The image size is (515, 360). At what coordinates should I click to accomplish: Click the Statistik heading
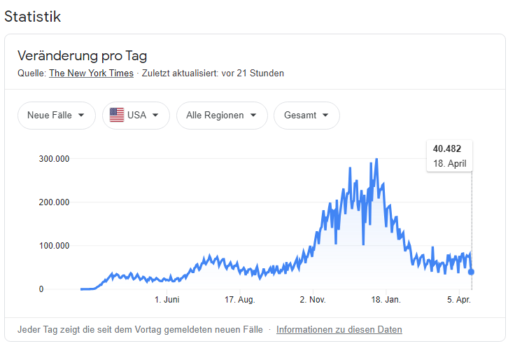coord(32,16)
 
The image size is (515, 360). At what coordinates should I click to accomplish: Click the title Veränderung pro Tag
coord(82,56)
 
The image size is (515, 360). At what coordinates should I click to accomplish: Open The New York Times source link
coord(92,73)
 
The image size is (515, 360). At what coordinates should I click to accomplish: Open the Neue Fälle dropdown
coord(56,116)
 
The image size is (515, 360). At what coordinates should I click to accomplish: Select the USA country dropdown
coord(136,116)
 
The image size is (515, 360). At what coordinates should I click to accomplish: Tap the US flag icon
coord(117,116)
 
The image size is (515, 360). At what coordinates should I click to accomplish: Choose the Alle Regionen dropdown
coord(222,116)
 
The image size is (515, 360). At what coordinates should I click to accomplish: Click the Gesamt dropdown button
coord(306,116)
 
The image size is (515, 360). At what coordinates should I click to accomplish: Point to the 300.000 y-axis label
coord(54,159)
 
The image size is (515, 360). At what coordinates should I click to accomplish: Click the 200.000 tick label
coord(54,202)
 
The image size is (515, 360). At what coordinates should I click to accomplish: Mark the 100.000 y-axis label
coord(54,246)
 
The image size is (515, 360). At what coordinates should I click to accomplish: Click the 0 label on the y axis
coord(41,289)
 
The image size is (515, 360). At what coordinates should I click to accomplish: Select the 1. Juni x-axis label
coord(167,300)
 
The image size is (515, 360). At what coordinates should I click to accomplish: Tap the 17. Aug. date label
coord(239,300)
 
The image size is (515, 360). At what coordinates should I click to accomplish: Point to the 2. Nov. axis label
coord(313,300)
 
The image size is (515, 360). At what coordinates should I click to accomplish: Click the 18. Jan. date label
coord(386,300)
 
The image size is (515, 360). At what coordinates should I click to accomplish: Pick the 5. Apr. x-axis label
coord(459,300)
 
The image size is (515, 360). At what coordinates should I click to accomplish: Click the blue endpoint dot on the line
coord(472,272)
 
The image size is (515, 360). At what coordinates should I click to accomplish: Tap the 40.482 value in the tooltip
coord(448,148)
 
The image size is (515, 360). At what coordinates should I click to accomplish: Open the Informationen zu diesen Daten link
coord(339,329)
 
